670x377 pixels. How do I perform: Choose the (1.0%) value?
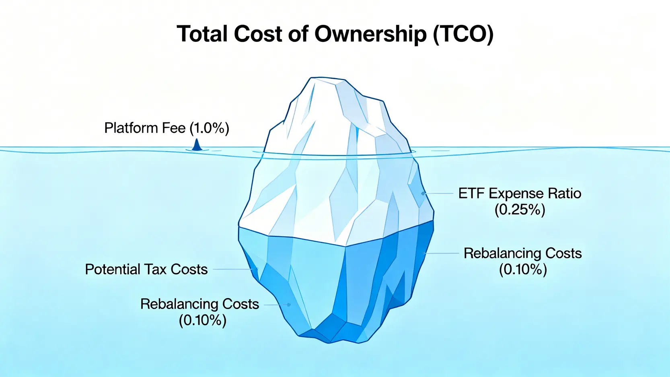[x=210, y=128]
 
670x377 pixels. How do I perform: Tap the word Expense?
[x=516, y=194]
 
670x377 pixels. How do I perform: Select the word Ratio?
[x=565, y=193]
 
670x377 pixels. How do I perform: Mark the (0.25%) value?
[x=520, y=210]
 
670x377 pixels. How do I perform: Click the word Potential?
[x=112, y=269]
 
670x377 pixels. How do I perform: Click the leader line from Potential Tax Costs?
[x=234, y=269]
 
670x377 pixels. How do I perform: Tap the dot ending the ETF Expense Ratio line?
[x=423, y=194]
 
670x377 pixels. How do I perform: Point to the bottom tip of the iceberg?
[x=329, y=343]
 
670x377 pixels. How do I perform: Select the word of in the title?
[x=298, y=33]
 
